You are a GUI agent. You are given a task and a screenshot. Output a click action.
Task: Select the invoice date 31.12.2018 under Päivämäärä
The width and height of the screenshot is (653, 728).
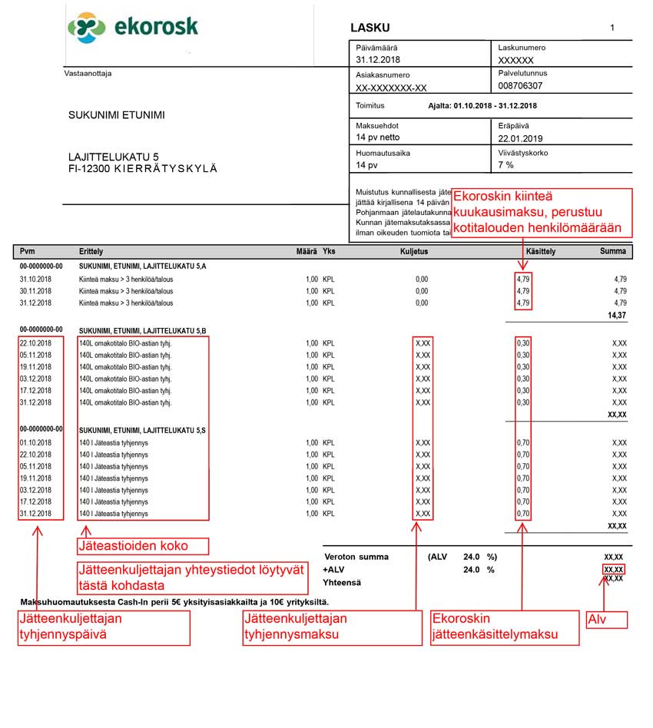380,59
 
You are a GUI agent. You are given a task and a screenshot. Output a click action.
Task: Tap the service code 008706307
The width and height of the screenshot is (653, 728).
520,86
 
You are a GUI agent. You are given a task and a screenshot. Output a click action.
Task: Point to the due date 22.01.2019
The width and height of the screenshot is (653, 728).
521,138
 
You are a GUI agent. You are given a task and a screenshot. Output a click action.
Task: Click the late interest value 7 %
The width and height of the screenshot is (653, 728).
505,165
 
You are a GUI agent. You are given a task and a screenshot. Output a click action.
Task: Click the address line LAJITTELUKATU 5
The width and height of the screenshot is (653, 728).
114,157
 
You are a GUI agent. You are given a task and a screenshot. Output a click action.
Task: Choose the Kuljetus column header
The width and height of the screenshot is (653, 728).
414,251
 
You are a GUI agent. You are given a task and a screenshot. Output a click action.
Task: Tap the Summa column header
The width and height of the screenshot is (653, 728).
612,251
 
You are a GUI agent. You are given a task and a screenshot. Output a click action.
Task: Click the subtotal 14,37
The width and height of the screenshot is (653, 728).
617,315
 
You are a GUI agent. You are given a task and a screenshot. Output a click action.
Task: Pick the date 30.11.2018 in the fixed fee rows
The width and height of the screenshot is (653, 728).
35,291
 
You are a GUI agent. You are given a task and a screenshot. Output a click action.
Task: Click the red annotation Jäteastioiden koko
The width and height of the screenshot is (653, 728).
133,547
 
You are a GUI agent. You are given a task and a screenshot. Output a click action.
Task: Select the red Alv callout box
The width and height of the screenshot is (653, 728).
607,620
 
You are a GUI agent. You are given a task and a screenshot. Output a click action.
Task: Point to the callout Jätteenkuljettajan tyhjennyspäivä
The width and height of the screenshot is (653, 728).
104,627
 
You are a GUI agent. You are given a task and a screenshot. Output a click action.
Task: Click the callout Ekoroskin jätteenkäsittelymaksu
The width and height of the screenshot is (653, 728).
503,627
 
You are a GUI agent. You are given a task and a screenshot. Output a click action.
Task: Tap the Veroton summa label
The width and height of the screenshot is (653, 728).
356,557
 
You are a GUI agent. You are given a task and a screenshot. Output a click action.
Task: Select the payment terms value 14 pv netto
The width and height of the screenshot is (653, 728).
378,138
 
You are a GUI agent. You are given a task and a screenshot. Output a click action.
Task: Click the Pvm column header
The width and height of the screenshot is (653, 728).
28,251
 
